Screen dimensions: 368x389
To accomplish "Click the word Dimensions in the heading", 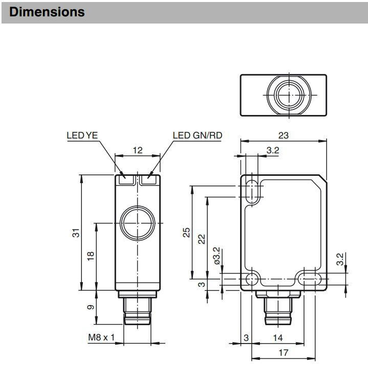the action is pyautogui.click(x=47, y=12).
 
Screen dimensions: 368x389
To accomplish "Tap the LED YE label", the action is pyautogui.click(x=82, y=135).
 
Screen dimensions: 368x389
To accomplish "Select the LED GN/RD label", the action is pyautogui.click(x=198, y=135).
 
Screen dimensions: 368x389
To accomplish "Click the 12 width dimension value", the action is pyautogui.click(x=138, y=150).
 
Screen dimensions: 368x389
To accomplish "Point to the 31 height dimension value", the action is pyautogui.click(x=76, y=233).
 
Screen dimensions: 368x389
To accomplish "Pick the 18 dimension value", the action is pyautogui.click(x=91, y=256).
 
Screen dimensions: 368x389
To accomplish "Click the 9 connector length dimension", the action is pyautogui.click(x=91, y=307).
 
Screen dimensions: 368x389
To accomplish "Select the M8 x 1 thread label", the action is pyautogui.click(x=102, y=337).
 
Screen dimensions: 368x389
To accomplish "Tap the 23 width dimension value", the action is pyautogui.click(x=283, y=135).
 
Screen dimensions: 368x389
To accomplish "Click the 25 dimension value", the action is pyautogui.click(x=186, y=233).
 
